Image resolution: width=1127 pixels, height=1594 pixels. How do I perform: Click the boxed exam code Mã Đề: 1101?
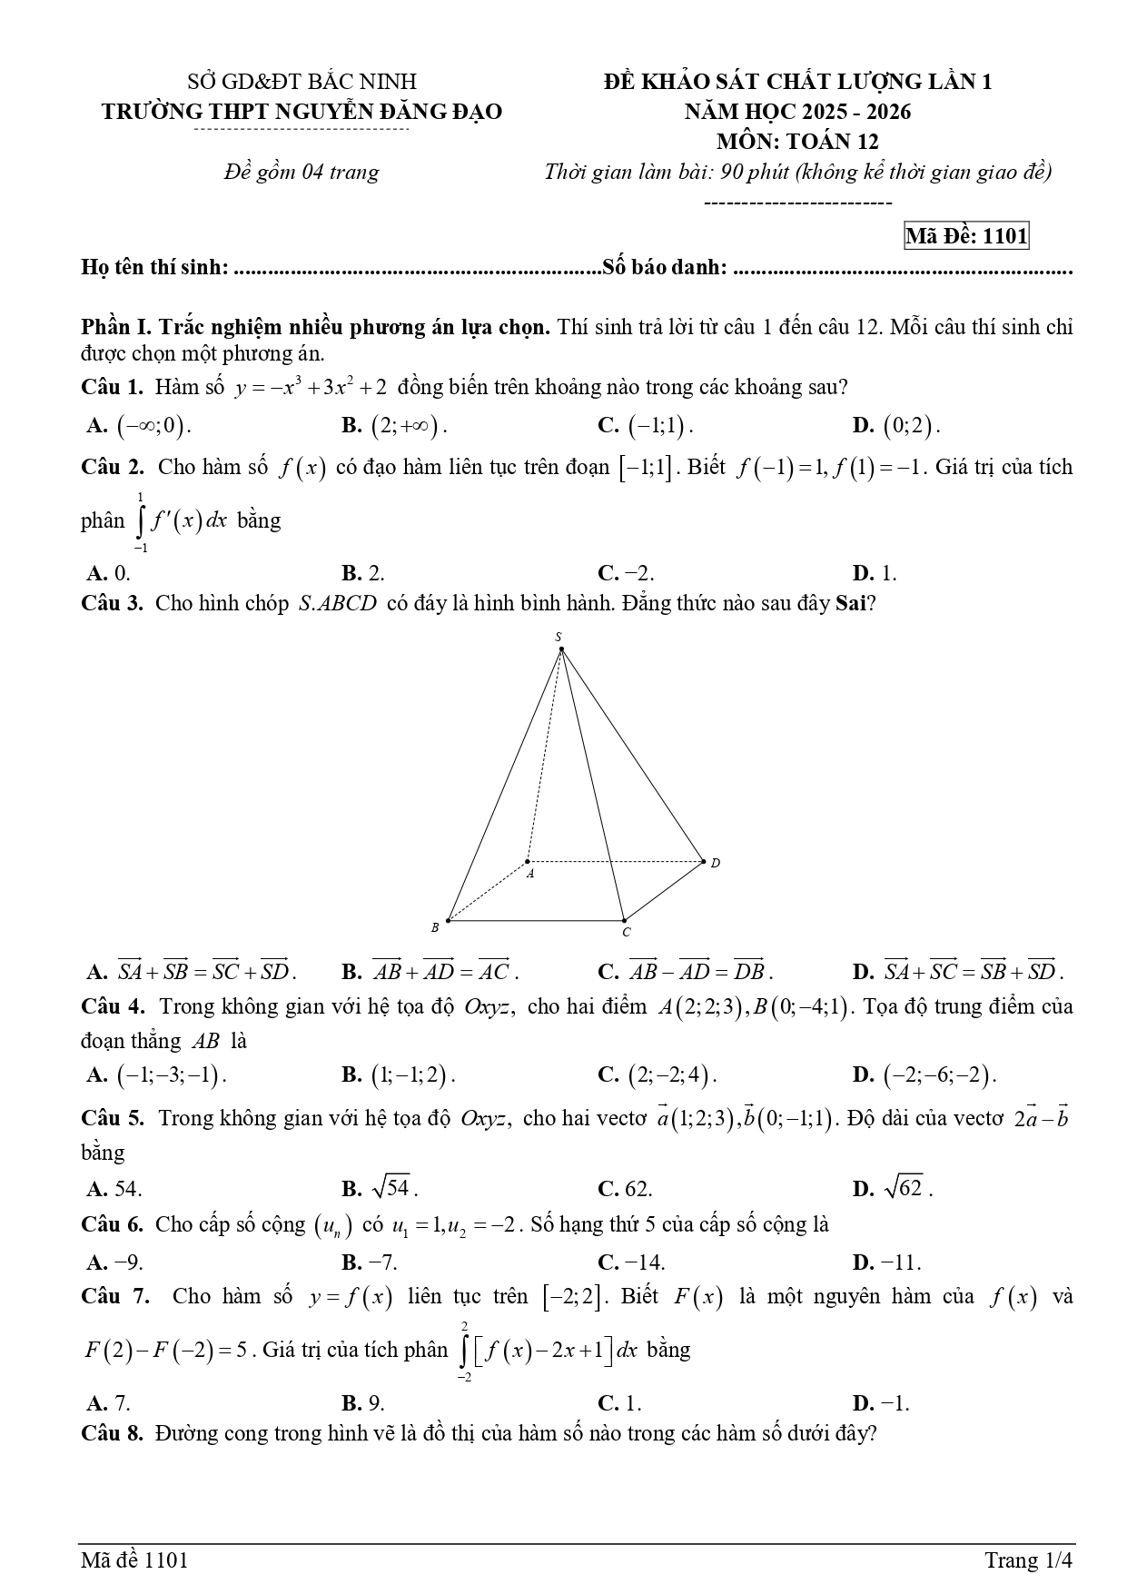[966, 236]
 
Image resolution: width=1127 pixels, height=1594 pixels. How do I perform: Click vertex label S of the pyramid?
[559, 637]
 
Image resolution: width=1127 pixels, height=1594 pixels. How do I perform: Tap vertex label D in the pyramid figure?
[715, 862]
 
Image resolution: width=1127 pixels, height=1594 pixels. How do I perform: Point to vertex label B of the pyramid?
[435, 927]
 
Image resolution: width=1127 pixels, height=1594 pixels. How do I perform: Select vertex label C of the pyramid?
[626, 932]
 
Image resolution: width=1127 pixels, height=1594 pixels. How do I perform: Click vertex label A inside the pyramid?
[530, 874]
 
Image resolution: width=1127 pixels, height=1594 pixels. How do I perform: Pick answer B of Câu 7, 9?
[363, 1403]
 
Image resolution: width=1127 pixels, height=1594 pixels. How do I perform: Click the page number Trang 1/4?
[1029, 1560]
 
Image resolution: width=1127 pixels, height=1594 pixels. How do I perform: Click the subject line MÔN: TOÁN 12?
[797, 142]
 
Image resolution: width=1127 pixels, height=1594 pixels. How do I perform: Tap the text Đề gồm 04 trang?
[302, 172]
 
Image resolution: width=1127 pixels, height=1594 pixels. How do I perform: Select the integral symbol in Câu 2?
[141, 521]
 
